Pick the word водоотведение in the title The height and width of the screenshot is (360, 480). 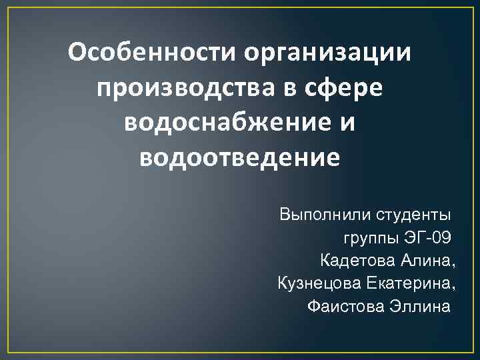(240, 159)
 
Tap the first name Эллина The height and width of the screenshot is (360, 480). (416, 307)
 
